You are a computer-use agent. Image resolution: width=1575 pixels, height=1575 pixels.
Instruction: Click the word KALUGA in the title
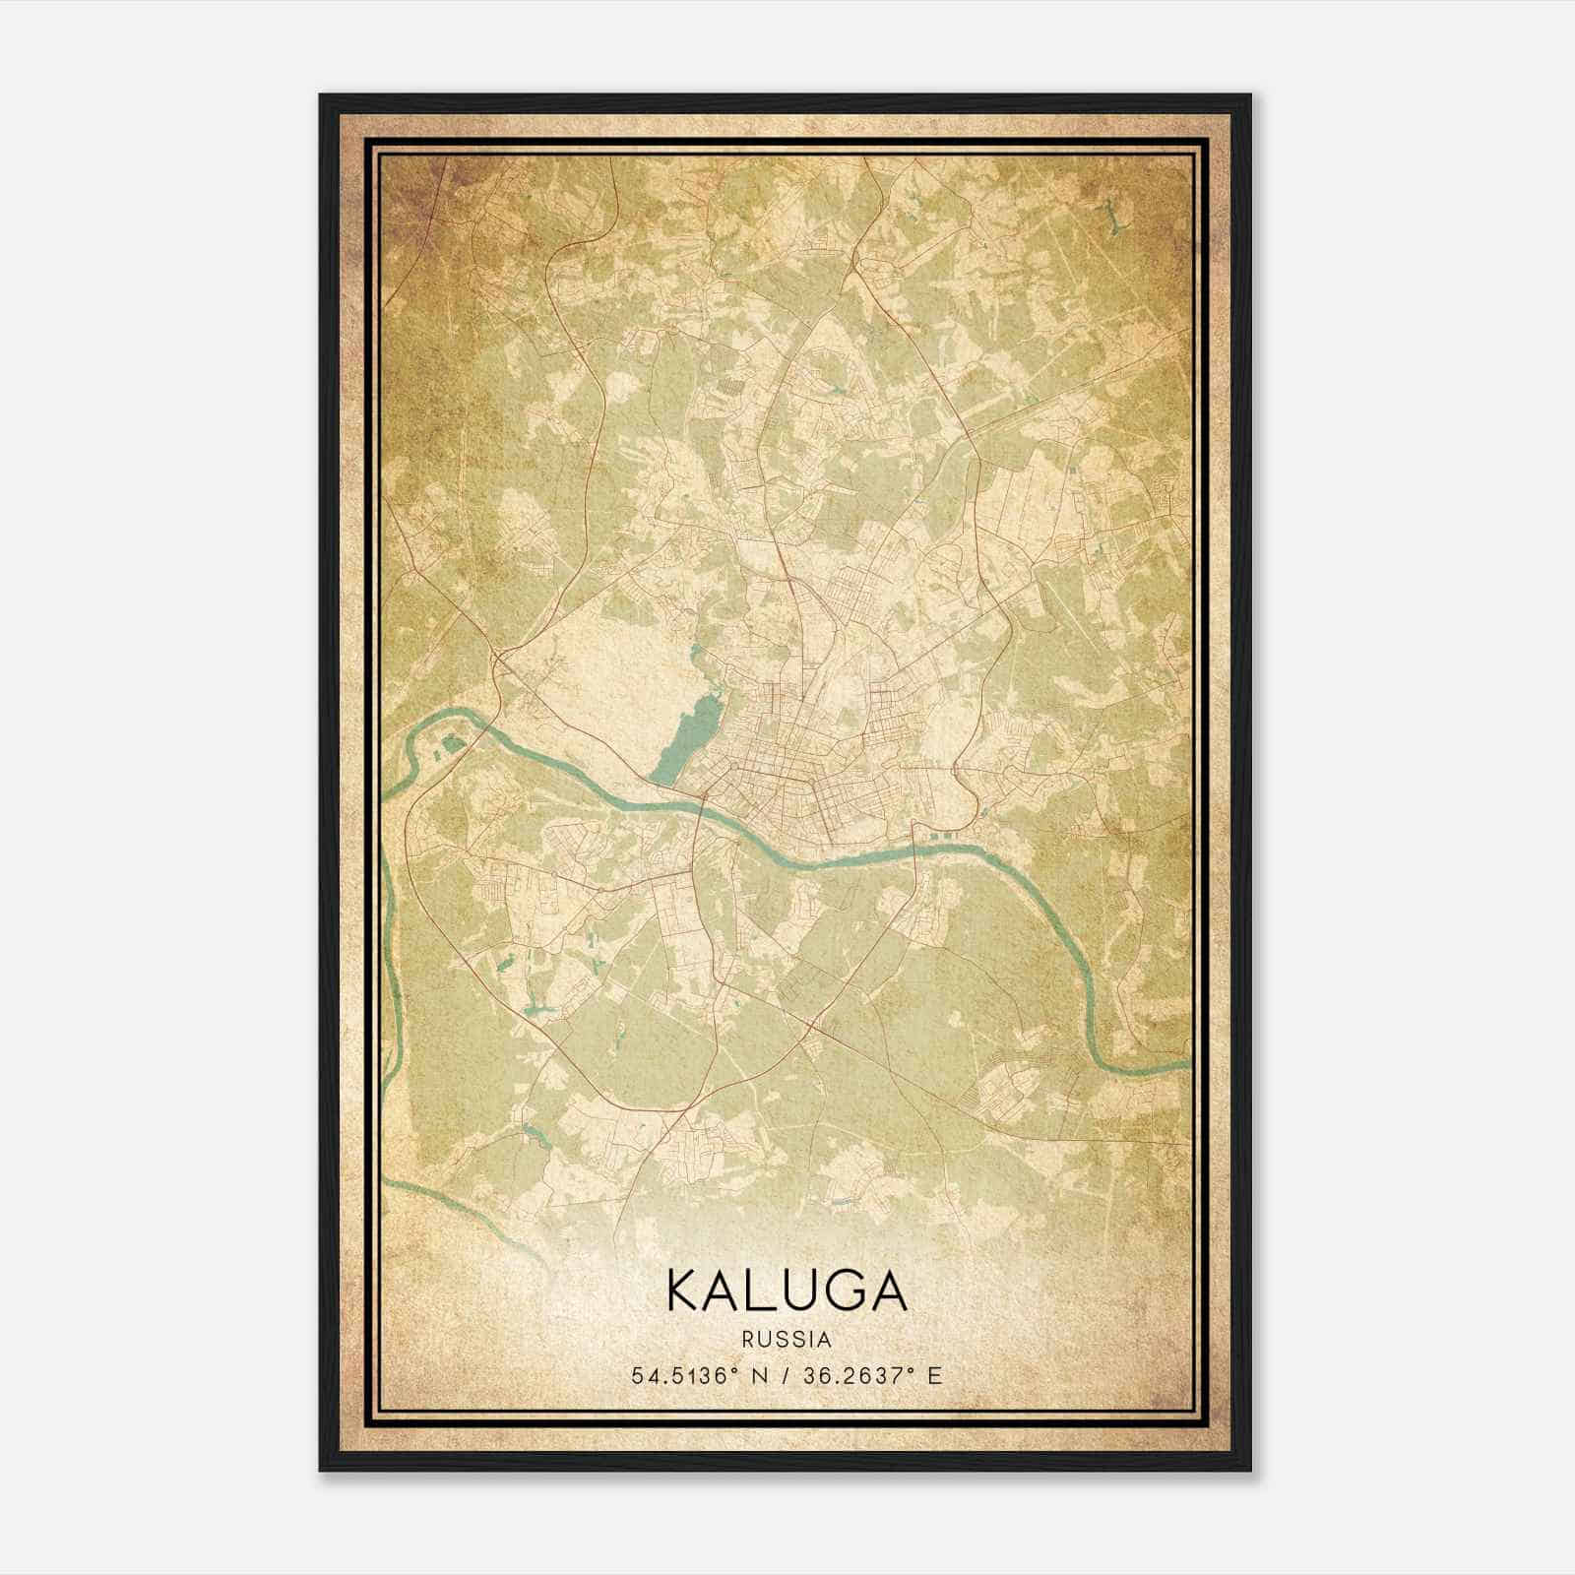787,1290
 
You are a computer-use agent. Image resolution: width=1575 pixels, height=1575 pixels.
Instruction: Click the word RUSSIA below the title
787,1340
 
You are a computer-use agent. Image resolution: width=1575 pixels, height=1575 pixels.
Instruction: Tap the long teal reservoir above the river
689,733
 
